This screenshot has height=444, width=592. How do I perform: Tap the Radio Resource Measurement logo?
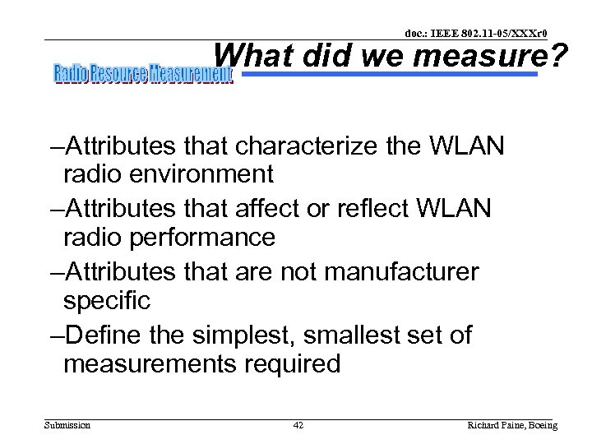[143, 75]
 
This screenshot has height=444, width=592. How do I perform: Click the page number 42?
[298, 425]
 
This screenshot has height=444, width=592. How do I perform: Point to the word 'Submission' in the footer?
[67, 425]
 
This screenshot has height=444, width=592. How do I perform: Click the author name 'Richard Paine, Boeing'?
[511, 425]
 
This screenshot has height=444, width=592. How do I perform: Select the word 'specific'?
[107, 301]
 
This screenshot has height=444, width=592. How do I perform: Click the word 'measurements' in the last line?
[154, 364]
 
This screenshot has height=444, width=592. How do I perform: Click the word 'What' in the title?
[248, 57]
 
